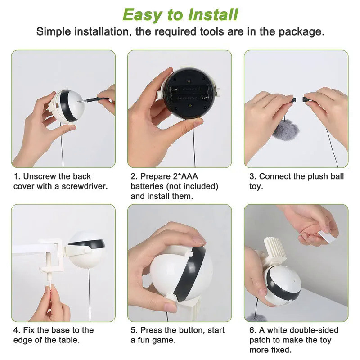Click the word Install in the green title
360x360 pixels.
point(213,15)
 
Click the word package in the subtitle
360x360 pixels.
point(301,31)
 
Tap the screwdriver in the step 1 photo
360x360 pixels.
point(93,100)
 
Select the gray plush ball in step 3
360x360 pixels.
point(286,130)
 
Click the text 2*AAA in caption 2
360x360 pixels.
point(185,176)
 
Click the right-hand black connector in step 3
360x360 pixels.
point(306,99)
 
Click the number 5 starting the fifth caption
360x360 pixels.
point(133,330)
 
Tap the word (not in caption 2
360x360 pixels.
point(174,186)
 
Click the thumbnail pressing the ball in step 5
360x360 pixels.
point(199,240)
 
